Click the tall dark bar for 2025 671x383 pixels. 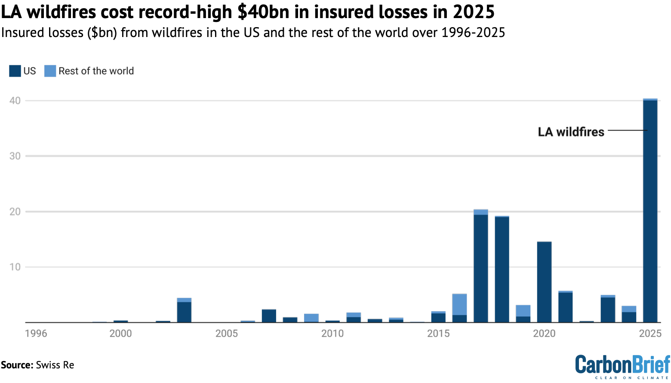pos(650,211)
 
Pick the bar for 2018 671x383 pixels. pos(502,269)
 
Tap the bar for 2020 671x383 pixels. pos(544,282)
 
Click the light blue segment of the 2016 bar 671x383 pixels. pos(459,304)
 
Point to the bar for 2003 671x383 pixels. pos(184,311)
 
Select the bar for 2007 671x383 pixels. pos(269,316)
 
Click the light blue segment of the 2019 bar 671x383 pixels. pos(523,311)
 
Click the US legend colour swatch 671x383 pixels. pos(15,71)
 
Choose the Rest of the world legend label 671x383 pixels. pos(96,71)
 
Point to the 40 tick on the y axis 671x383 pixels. pos(15,101)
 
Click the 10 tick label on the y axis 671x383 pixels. pos(15,267)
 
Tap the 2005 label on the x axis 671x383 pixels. pos(227,334)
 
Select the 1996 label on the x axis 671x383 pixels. pos(36,334)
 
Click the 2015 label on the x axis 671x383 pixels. pos(438,334)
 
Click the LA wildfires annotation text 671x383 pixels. pos(571,132)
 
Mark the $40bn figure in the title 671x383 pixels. pos(263,12)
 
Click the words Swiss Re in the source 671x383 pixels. pos(55,365)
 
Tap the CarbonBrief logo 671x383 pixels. pos(622,366)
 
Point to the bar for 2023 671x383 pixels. pos(608,309)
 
